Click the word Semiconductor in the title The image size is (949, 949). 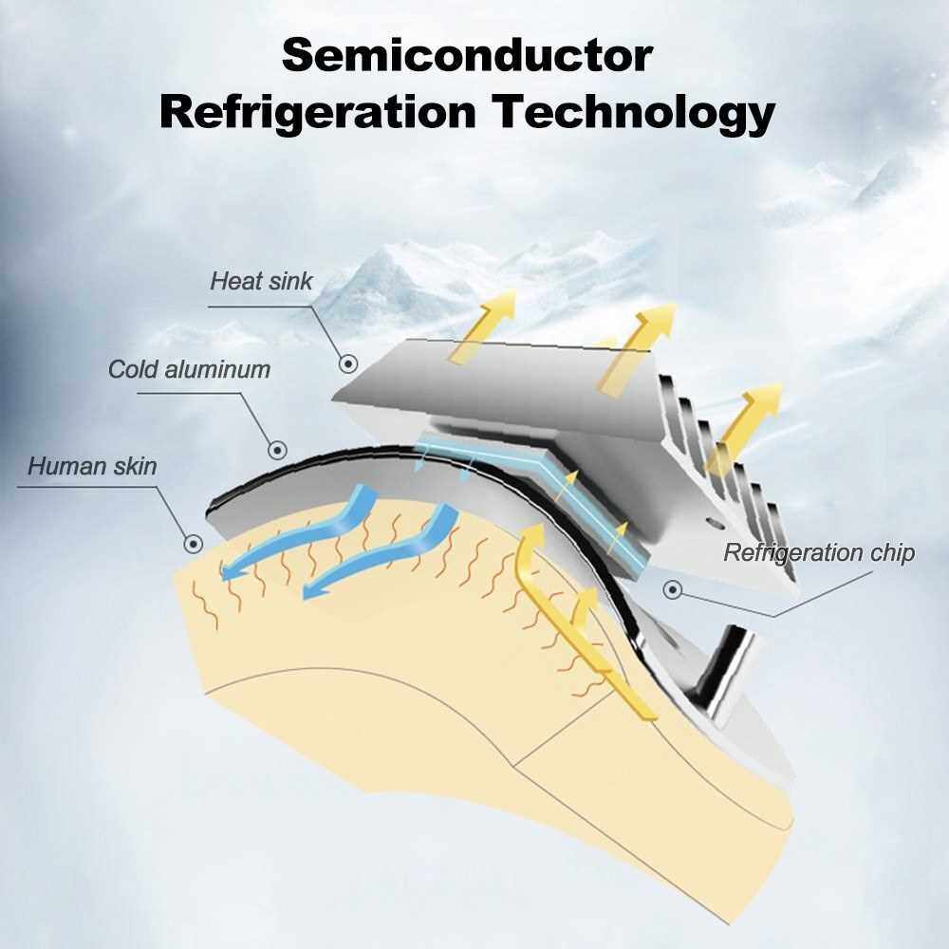pyautogui.click(x=467, y=55)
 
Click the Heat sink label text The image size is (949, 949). pyautogui.click(x=261, y=281)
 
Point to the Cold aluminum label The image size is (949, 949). pyautogui.click(x=189, y=369)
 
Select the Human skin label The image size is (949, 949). pyautogui.click(x=92, y=466)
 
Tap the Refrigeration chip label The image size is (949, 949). pyautogui.click(x=819, y=553)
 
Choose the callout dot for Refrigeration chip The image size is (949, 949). pyautogui.click(x=673, y=589)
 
